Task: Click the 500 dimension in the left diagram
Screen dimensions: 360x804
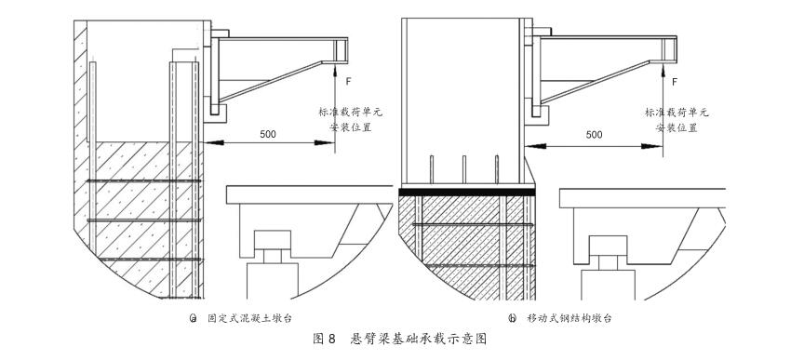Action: [x=268, y=134]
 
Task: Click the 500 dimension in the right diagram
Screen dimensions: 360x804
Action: [x=593, y=134]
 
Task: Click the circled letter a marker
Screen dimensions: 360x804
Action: [x=193, y=317]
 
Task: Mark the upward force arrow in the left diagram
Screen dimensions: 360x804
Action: [x=334, y=69]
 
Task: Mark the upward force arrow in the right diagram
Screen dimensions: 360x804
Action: [x=659, y=69]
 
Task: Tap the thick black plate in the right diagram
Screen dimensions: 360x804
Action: [x=467, y=192]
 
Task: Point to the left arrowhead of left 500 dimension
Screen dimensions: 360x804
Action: [x=207, y=142]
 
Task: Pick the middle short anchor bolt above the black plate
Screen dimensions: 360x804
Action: [x=464, y=172]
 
